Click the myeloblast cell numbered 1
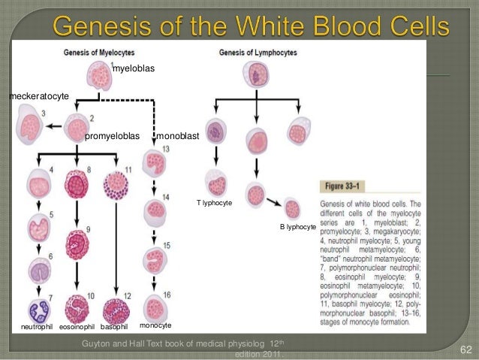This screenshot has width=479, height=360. point(101,76)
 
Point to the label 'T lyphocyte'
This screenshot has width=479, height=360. point(215,203)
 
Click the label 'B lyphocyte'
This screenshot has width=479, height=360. point(298,225)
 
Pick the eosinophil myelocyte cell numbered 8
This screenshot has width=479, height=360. point(78,183)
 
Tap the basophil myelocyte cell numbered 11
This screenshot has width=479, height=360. point(117,183)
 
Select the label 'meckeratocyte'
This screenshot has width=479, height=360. point(38,97)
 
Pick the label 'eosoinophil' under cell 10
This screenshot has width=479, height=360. point(77,327)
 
